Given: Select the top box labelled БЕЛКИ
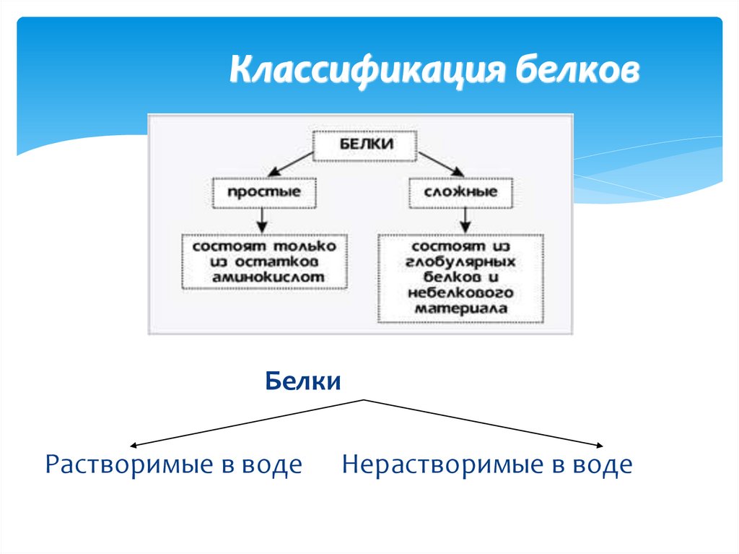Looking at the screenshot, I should click(365, 144).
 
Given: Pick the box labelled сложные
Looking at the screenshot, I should click(461, 193).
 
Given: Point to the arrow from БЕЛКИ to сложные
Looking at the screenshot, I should click(438, 164).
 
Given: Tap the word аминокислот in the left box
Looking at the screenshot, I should click(264, 276).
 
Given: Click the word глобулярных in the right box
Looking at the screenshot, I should click(461, 261).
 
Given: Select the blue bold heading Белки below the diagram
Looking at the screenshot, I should click(303, 381).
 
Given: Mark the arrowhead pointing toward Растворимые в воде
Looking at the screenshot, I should click(135, 445).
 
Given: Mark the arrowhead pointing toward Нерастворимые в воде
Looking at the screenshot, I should click(598, 445).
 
